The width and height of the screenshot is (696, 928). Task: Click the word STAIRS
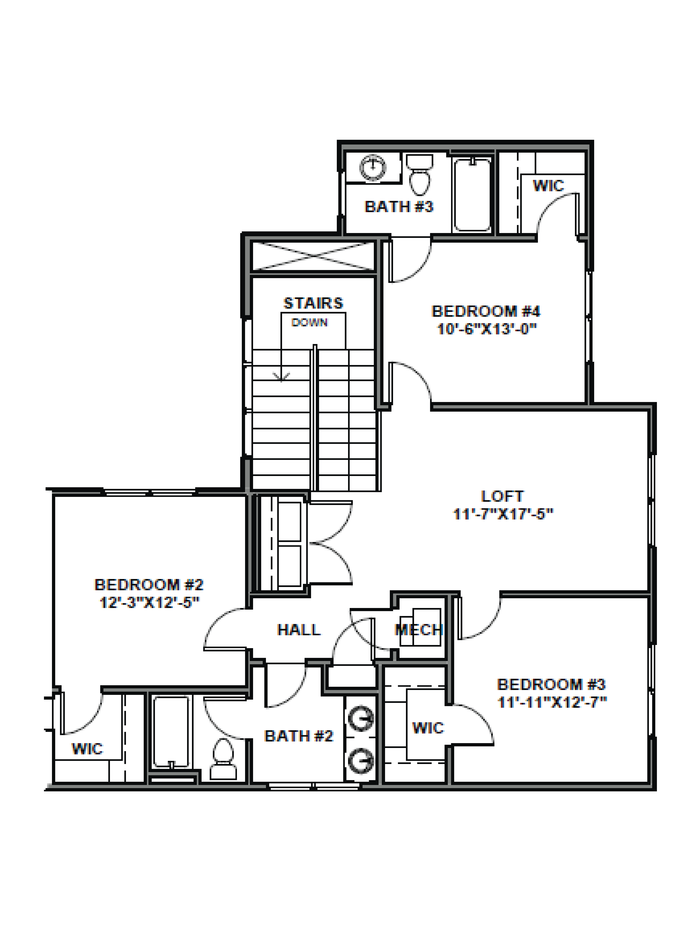coord(313,303)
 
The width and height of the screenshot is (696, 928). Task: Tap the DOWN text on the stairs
coord(310,323)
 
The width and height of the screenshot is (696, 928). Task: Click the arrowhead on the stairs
coord(281,376)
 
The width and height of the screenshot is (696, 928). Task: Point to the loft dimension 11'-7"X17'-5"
coord(503,514)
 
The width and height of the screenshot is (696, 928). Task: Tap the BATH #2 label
coord(299,736)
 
